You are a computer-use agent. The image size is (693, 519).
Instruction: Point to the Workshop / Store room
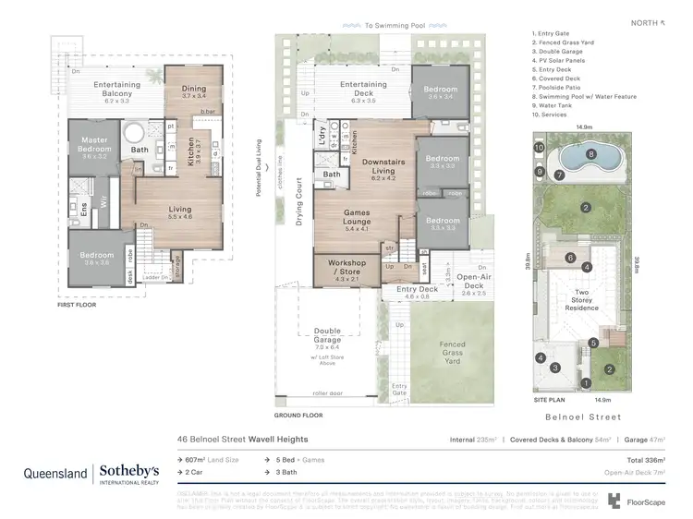[x=346, y=268]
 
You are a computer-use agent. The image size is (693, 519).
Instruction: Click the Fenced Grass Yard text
[x=453, y=350]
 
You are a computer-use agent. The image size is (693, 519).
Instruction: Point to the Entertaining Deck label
[x=363, y=90]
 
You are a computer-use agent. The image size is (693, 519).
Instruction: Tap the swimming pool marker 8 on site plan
[x=592, y=154]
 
